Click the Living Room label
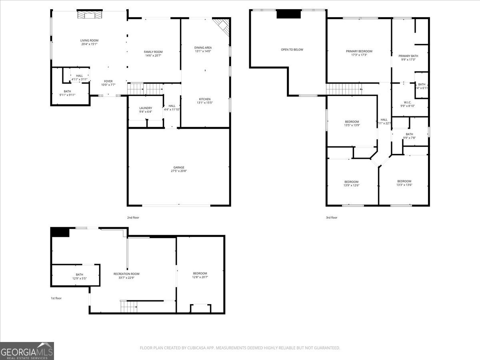(89, 40)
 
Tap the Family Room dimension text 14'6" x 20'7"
(153, 56)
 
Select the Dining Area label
(203, 48)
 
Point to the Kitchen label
(205, 99)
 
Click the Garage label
(179, 167)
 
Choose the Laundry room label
(146, 108)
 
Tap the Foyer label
(108, 81)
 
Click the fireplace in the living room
(90, 15)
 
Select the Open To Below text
(292, 50)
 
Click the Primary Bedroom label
(359, 51)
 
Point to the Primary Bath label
(408, 56)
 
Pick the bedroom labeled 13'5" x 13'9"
(352, 125)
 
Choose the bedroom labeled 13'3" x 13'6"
(404, 185)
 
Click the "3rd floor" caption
(332, 218)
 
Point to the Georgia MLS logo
(27, 351)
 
